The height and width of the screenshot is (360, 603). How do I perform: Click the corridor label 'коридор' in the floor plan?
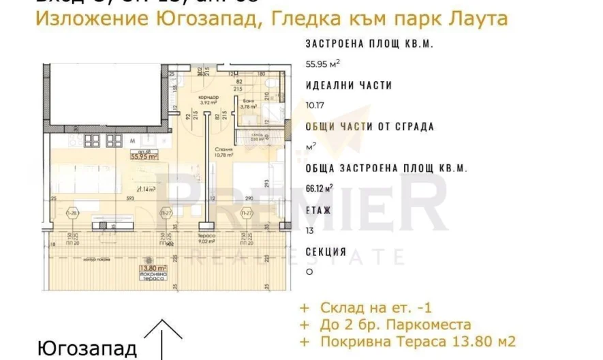point(208,97)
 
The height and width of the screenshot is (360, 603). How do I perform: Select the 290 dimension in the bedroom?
point(249,198)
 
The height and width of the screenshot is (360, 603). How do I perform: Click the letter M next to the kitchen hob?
point(132,142)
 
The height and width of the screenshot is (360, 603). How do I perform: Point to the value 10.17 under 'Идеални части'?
point(315,105)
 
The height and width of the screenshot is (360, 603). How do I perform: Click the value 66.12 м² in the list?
point(320,188)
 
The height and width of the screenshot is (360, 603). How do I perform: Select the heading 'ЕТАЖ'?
point(319,210)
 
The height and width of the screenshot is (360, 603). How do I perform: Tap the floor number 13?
point(310,230)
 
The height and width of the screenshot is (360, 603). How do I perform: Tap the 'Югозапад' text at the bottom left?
point(87,348)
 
